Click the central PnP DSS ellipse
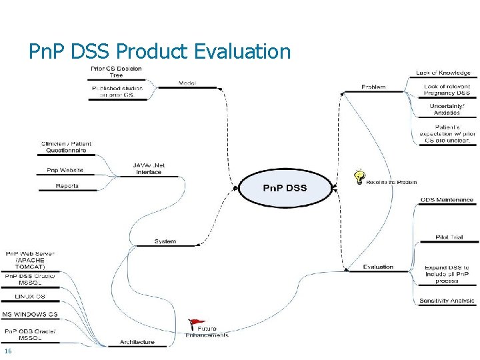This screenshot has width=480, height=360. [285, 188]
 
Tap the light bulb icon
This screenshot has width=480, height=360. [359, 177]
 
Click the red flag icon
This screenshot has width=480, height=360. [194, 325]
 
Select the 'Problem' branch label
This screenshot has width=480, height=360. [373, 87]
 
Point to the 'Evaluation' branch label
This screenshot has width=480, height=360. [378, 267]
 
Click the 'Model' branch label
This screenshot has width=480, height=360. [187, 83]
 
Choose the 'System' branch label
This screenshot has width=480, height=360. [165, 241]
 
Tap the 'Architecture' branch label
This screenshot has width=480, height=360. [137, 342]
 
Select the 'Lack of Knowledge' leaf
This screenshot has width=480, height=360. [443, 73]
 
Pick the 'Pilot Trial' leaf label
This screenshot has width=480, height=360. [449, 237]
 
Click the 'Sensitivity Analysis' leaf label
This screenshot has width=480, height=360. [447, 301]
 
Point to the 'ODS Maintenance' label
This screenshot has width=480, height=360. [447, 200]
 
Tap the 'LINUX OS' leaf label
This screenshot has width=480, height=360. [30, 296]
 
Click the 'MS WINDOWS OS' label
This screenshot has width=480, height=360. [30, 314]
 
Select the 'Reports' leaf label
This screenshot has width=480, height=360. [67, 186]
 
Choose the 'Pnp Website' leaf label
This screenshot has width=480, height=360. [65, 170]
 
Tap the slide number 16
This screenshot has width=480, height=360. [7, 351]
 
